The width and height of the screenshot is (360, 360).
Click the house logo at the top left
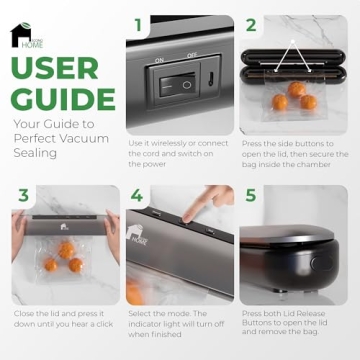[21, 35]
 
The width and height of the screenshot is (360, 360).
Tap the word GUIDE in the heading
[63, 98]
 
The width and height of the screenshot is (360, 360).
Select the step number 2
[251, 24]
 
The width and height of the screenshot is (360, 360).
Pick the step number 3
[23, 194]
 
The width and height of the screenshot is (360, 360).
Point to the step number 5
[251, 194]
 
